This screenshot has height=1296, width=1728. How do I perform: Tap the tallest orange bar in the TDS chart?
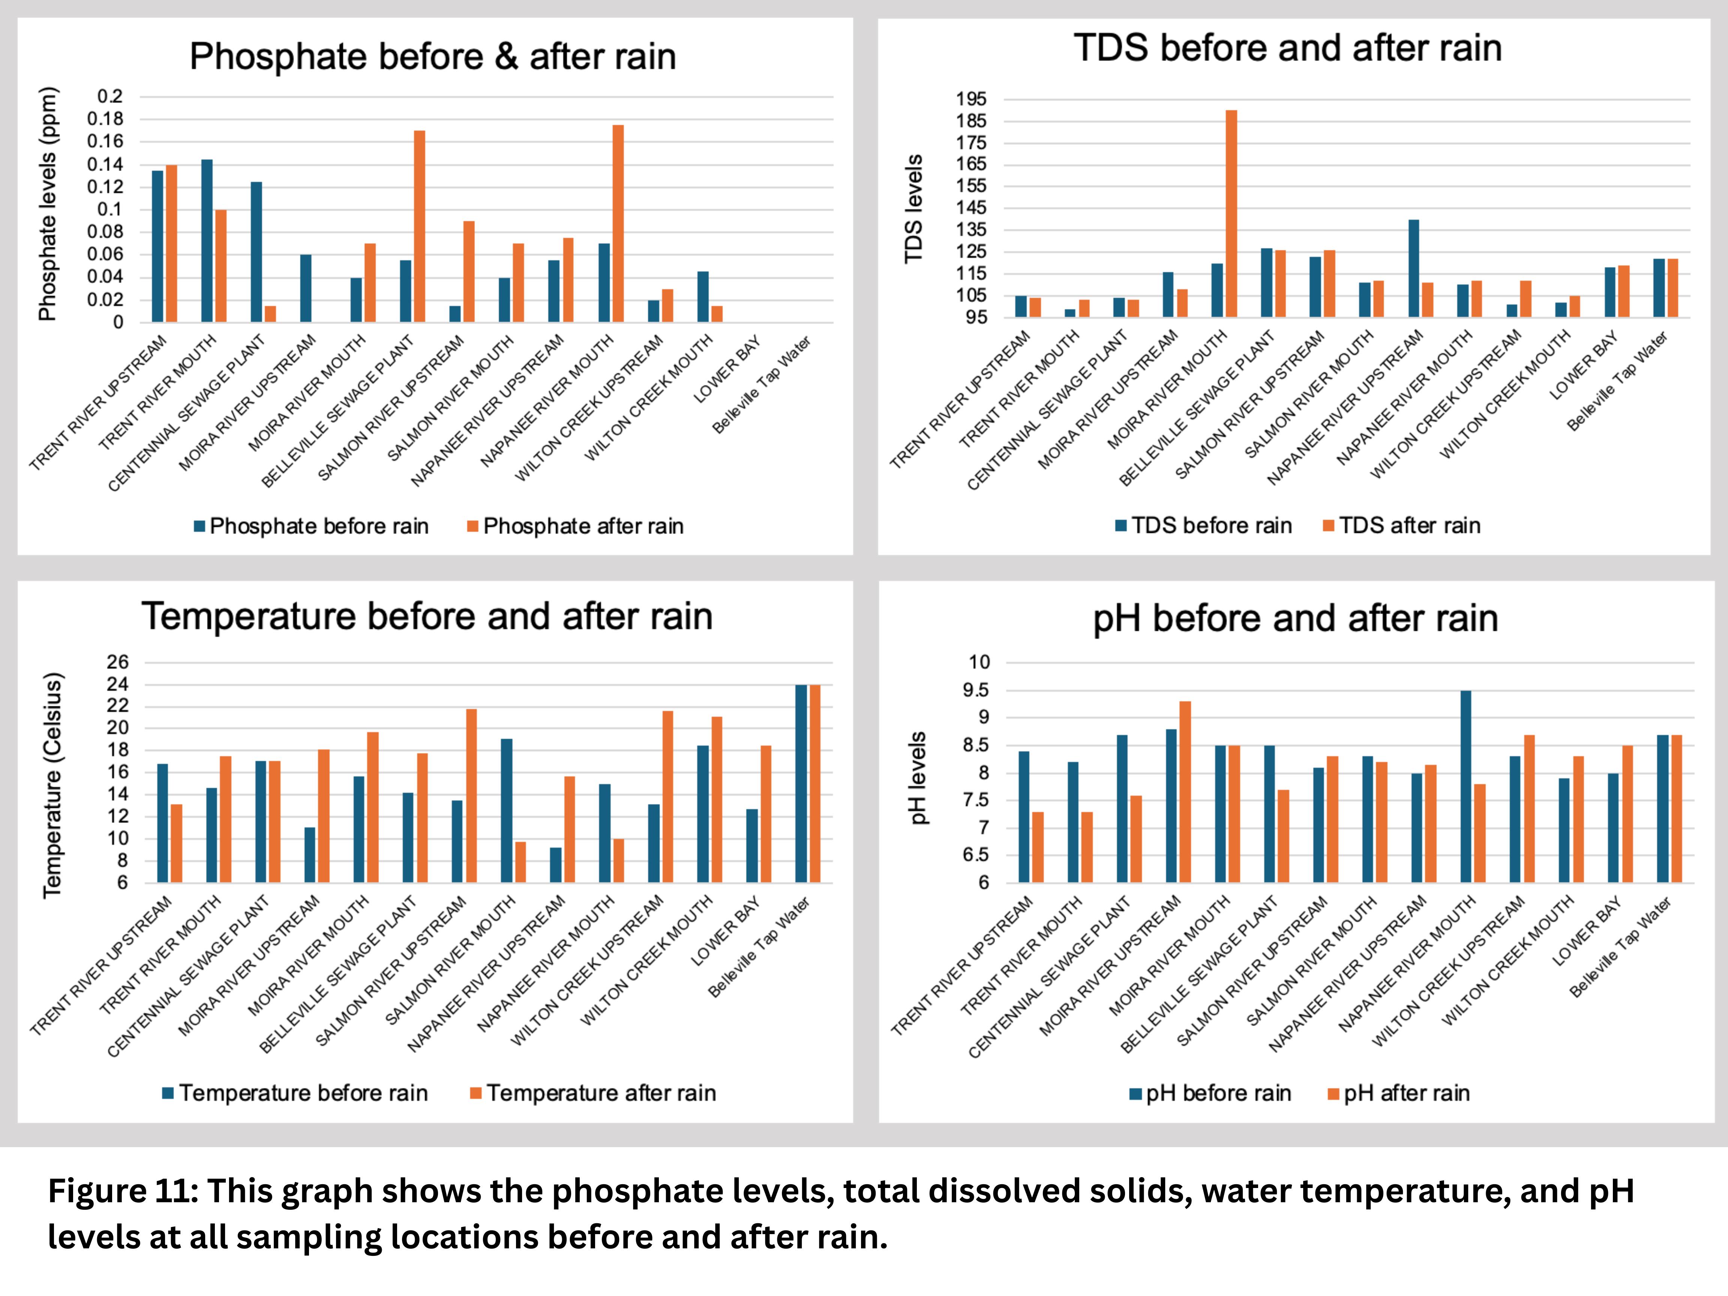(x=1231, y=213)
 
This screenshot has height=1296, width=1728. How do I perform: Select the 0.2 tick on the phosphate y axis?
(x=110, y=96)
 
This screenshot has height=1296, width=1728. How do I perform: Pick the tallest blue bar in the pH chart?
(x=1465, y=787)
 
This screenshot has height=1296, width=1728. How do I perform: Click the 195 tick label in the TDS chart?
(x=971, y=99)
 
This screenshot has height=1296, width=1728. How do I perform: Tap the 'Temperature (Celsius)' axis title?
(x=51, y=785)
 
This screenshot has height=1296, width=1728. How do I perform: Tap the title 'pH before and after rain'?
(x=1295, y=619)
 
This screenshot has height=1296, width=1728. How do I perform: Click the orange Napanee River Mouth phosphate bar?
(x=618, y=223)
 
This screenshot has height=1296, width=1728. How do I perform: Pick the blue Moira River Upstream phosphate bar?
(x=306, y=288)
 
